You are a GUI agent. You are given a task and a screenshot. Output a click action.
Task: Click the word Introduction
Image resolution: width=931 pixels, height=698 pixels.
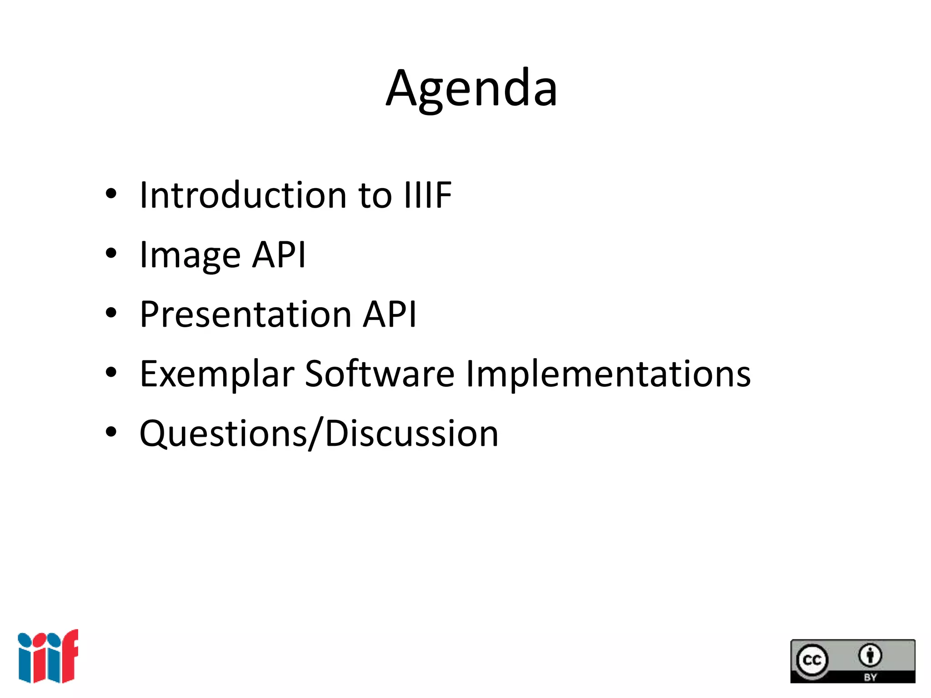tap(243, 195)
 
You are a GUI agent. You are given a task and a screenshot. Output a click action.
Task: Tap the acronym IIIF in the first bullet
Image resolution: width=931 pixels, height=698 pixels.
tap(428, 195)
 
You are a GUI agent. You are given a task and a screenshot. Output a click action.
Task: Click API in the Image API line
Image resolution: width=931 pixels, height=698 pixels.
tap(279, 255)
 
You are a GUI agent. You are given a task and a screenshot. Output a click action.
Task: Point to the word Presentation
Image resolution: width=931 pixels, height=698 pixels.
tap(245, 314)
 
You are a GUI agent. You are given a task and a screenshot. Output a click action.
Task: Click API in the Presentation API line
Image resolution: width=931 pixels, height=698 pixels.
tap(389, 314)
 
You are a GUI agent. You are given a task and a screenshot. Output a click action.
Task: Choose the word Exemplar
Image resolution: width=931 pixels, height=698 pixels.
tap(217, 374)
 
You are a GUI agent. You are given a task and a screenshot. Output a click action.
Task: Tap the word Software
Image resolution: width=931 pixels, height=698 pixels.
tap(380, 374)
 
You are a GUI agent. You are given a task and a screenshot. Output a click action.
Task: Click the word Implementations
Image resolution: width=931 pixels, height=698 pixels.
tap(608, 374)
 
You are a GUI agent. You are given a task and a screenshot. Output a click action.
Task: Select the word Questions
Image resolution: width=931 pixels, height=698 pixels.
tap(223, 434)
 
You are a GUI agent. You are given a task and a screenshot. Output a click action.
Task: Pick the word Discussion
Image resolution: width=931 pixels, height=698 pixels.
tap(412, 434)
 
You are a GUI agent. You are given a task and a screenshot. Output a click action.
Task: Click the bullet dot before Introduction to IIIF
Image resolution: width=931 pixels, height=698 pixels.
tap(111, 194)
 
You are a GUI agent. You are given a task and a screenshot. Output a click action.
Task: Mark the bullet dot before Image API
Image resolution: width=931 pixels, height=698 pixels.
tap(111, 254)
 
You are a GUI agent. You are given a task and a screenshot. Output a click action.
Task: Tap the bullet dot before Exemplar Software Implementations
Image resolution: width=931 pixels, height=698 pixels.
tap(111, 373)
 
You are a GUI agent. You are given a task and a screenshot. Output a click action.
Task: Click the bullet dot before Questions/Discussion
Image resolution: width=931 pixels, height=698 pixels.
tap(111, 432)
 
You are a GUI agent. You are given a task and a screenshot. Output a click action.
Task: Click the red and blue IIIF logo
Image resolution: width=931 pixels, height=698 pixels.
tap(48, 656)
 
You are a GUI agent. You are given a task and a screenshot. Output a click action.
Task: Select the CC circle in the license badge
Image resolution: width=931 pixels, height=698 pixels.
tap(812, 660)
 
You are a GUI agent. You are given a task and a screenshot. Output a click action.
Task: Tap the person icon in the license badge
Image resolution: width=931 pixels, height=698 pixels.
tap(870, 655)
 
